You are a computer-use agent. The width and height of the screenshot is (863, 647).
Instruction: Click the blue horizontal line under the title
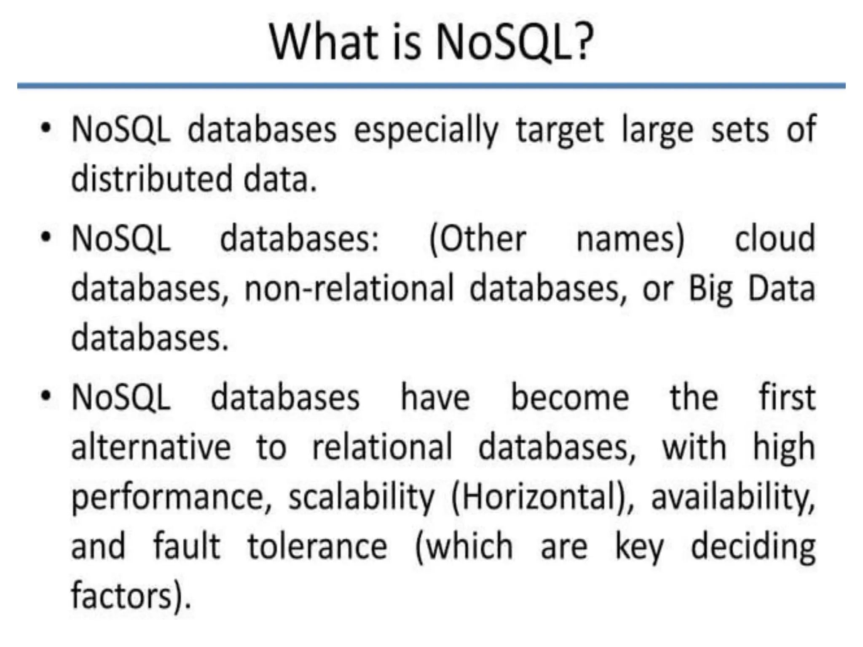tap(431, 86)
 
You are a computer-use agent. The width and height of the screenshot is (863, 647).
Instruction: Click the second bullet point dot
tap(46, 236)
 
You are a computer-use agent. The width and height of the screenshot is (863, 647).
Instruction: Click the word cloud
tap(775, 238)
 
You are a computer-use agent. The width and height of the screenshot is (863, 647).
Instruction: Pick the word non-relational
tap(349, 289)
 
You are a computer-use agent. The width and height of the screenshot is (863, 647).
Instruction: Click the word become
tap(570, 398)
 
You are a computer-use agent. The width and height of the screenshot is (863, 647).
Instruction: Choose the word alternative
tap(151, 447)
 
